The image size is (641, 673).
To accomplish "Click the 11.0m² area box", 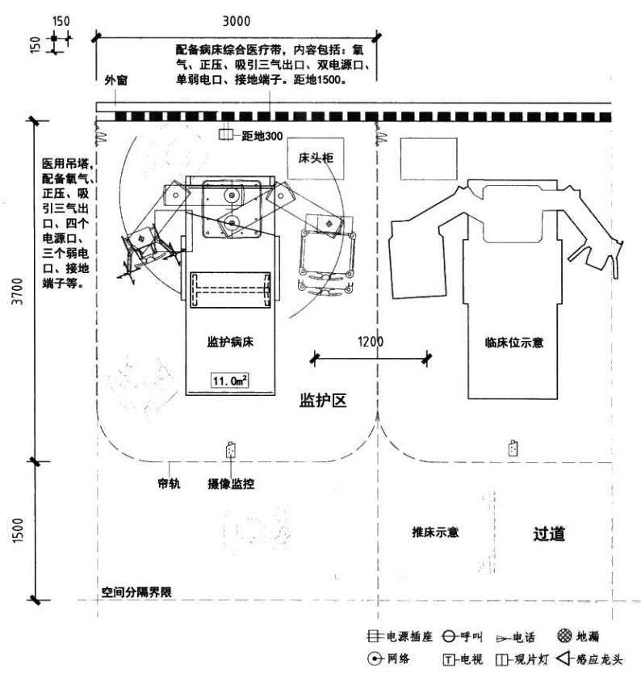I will (x=229, y=380).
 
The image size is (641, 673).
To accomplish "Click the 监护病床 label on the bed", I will (x=231, y=342).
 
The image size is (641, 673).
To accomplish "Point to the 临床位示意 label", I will (x=514, y=342).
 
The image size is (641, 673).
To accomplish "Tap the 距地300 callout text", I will (x=262, y=135).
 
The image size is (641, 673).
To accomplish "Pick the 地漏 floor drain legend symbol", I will (x=564, y=637).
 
